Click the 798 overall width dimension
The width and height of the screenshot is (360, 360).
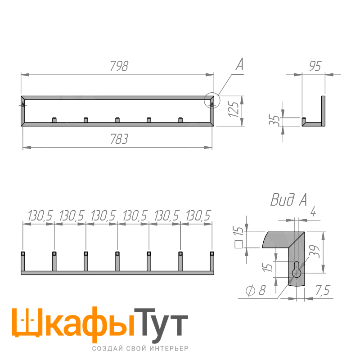pos(119,66)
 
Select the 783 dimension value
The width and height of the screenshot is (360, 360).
pos(119,139)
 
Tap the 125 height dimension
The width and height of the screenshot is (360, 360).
pos(234,109)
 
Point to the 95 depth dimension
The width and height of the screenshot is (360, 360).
pos(315,66)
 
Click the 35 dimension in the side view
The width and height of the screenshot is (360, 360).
pos(274,120)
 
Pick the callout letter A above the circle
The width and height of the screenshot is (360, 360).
pos(239,64)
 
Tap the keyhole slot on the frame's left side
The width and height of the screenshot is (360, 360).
pos(23,105)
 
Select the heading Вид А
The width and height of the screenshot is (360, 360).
pos(288,199)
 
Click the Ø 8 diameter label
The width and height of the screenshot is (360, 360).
pos(256,290)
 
